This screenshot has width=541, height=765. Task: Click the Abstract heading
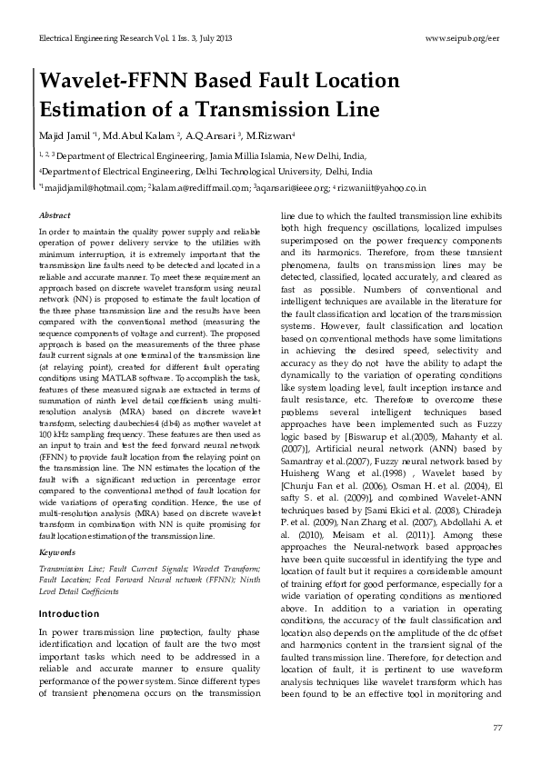pos(55,216)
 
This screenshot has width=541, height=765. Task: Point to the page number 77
pos(496,728)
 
